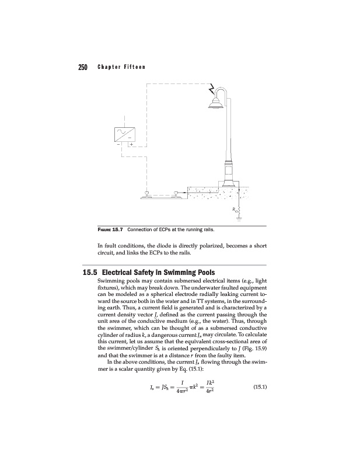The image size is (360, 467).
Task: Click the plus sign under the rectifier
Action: point(131,144)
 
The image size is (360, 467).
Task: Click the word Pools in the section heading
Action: point(202,272)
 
